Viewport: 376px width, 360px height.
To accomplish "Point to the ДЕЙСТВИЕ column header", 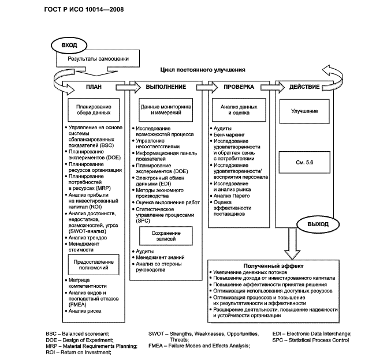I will [303, 87].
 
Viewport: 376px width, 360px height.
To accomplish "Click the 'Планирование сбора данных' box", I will [94, 111].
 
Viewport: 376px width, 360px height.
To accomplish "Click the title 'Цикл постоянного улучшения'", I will [203, 70].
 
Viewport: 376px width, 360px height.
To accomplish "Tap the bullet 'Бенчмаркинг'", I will [229, 134].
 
